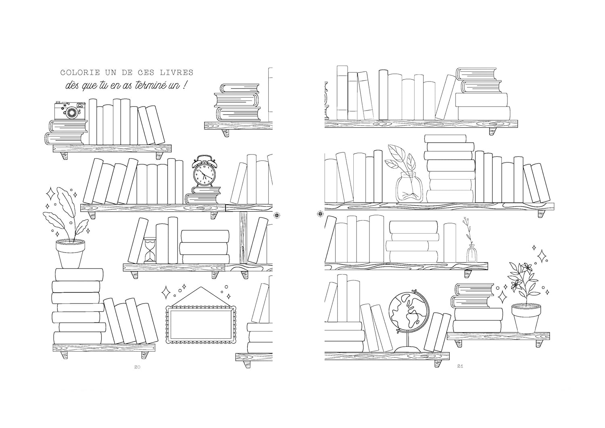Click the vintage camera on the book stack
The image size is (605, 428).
[x=70, y=111]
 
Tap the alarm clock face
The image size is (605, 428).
[x=204, y=174]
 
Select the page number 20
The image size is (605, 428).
[x=137, y=367]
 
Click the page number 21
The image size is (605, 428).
[x=460, y=366]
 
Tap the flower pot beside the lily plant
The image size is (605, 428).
[x=526, y=318]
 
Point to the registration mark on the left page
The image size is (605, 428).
[x=277, y=215]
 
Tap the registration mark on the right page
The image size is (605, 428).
[x=320, y=214]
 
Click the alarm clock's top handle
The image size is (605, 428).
[x=204, y=158]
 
